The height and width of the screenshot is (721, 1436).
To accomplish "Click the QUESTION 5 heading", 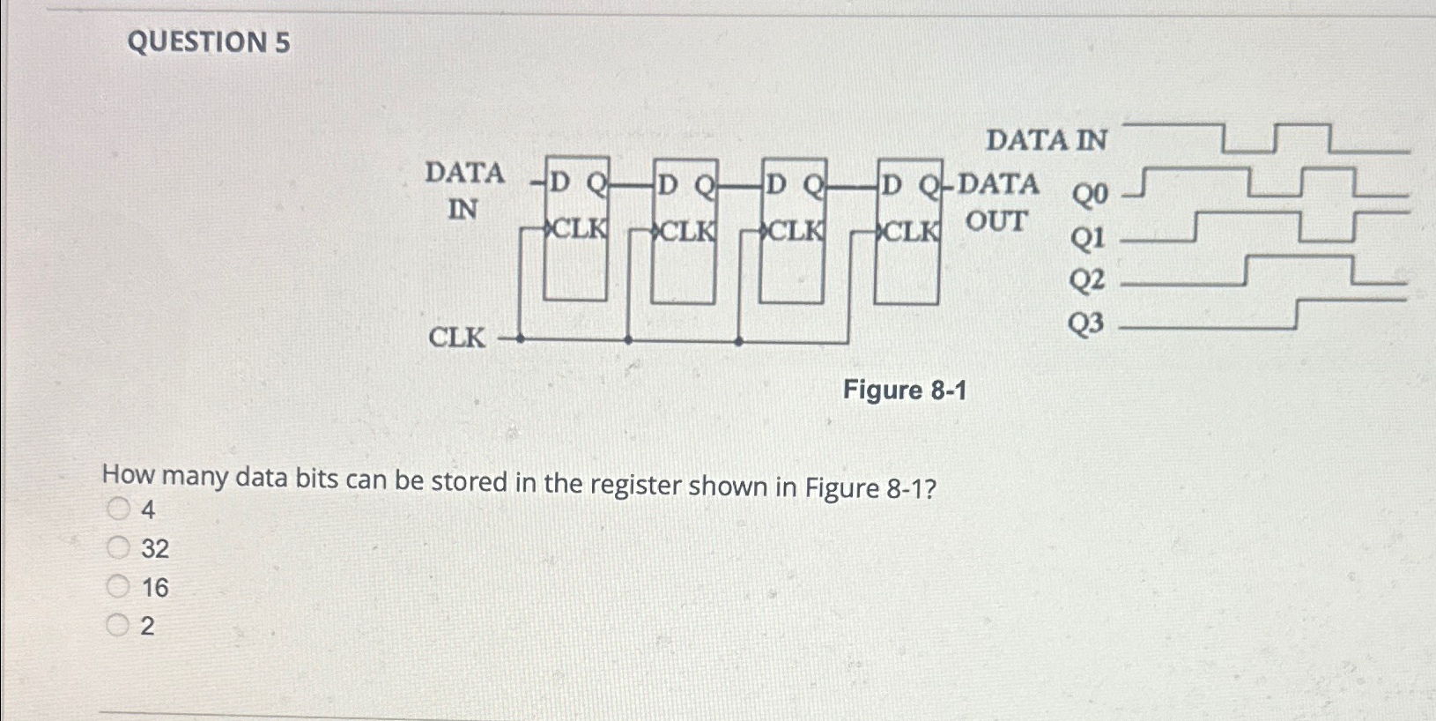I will [x=209, y=42].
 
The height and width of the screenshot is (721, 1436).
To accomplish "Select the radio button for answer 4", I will [x=118, y=509].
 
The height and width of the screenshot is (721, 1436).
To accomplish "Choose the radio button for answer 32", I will [x=118, y=548].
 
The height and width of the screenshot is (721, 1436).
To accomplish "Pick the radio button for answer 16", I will [x=118, y=587].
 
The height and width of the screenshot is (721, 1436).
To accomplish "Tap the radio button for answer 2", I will [x=118, y=626].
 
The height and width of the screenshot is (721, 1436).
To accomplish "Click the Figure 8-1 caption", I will [x=905, y=390].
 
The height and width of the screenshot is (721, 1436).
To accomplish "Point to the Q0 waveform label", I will [x=1089, y=194].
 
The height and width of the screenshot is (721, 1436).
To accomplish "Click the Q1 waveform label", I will [x=1087, y=237].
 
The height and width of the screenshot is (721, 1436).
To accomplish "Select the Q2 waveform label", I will [x=1087, y=281].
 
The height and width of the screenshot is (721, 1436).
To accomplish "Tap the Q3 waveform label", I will [x=1086, y=324].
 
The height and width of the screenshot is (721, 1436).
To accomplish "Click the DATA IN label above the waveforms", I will [x=1047, y=140].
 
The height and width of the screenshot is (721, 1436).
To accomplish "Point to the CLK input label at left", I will [x=456, y=338].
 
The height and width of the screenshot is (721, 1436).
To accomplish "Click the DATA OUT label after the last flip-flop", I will [x=997, y=203].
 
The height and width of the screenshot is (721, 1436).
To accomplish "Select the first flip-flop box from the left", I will [x=575, y=229].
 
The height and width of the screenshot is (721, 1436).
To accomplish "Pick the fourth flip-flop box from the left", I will [x=908, y=231].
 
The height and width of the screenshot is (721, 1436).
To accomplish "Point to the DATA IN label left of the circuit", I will [x=464, y=190].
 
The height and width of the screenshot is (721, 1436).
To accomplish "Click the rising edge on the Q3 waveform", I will [x=1297, y=315].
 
